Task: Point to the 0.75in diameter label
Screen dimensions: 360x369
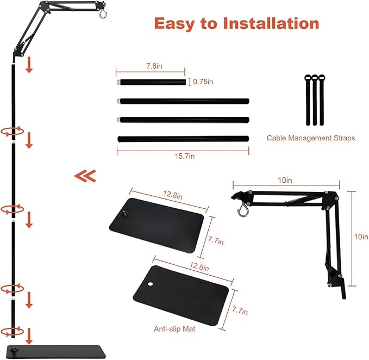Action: coord(203,82)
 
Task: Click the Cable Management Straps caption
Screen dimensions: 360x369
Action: coord(310,138)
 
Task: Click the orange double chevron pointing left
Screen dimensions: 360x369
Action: coord(85,176)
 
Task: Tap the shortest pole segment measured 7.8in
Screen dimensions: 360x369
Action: coord(151,83)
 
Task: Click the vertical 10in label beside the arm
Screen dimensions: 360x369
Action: coord(361,237)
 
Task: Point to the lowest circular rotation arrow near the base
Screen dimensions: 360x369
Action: coord(12,331)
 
